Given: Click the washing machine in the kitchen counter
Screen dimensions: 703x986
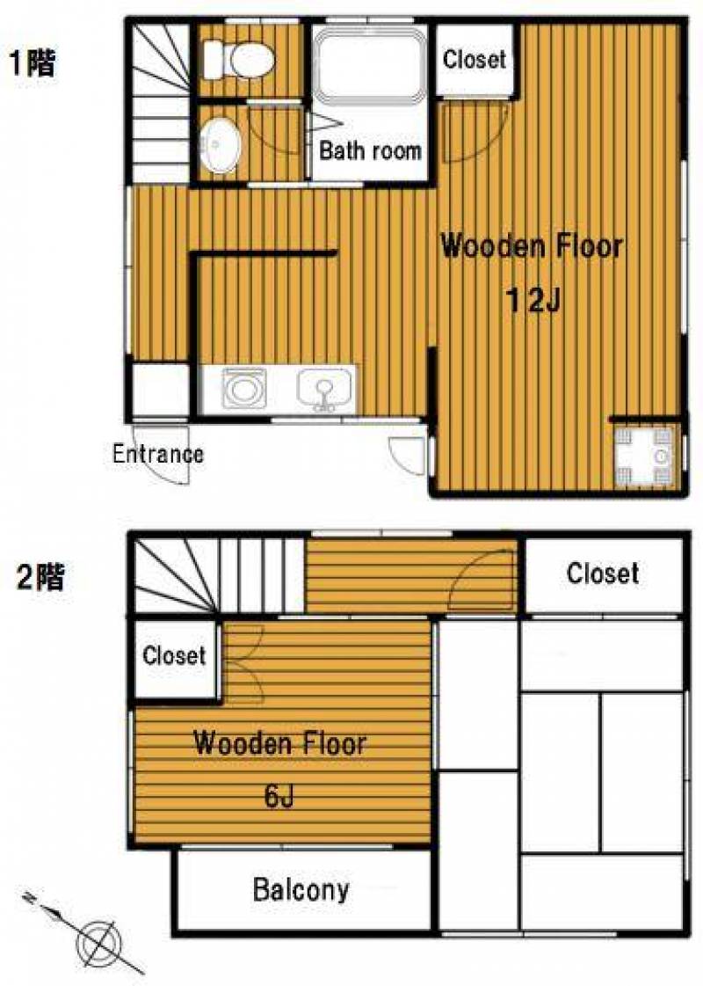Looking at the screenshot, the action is point(243,388).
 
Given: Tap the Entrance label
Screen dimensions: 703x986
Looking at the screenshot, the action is point(157,453).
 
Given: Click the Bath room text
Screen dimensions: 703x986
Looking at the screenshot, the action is point(370,150).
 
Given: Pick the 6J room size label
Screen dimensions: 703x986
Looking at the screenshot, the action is point(279,797).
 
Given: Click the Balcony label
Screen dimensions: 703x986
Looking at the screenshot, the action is point(301,890).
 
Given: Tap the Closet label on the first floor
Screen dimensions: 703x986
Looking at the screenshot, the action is point(475,60).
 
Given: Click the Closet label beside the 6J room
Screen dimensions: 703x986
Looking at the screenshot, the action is point(174,656).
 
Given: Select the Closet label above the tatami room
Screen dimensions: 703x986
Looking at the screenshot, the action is point(603,573).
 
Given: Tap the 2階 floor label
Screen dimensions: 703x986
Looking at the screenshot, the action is point(40,576).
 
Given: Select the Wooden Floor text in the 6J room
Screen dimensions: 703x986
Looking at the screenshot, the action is point(279,743).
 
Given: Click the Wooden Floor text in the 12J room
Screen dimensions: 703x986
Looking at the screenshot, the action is point(532,246).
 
